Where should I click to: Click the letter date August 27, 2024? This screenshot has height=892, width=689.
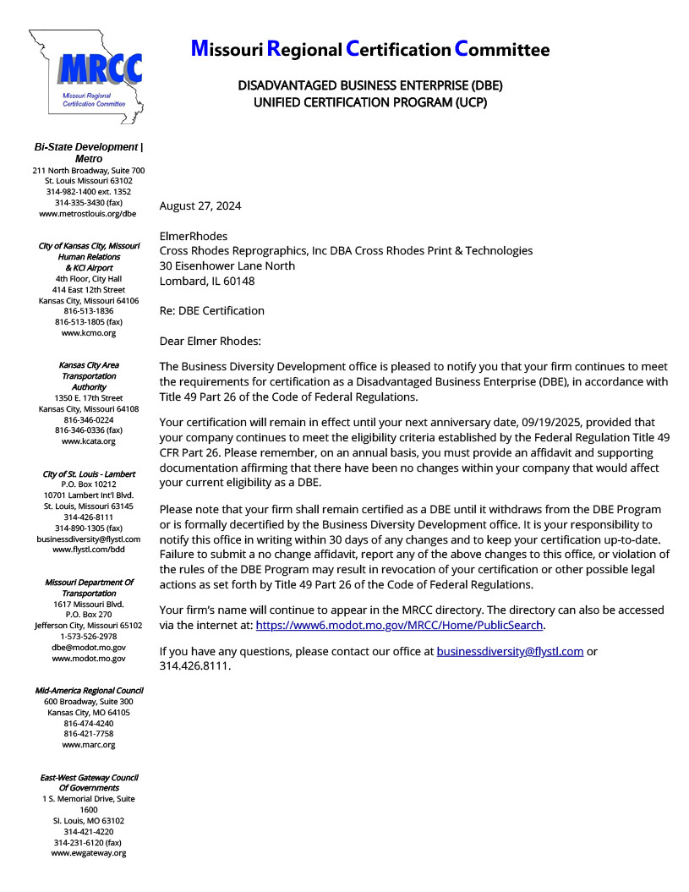point(200,205)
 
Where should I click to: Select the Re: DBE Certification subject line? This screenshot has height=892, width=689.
point(212,310)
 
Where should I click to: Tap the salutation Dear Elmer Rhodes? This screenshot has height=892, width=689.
point(211,341)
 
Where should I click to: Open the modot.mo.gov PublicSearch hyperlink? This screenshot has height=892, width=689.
point(400,626)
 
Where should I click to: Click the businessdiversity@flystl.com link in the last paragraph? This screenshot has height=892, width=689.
point(510,651)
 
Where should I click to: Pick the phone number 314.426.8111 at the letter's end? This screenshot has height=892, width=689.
point(194,665)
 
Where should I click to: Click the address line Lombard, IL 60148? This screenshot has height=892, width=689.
point(207,281)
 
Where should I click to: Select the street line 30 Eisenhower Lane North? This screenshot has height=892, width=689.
point(227,265)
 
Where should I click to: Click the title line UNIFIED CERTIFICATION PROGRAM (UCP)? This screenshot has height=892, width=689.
point(370,103)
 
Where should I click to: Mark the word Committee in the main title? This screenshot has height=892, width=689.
point(502,50)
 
